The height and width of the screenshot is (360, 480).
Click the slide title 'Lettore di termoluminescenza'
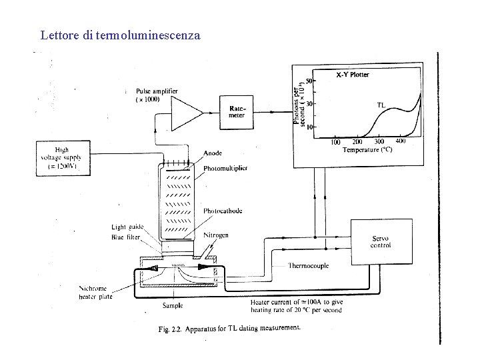tap(120, 35)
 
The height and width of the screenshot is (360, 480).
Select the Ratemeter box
tap(237, 111)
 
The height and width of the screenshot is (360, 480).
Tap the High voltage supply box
tap(63, 158)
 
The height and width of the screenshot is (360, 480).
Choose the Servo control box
tap(380, 241)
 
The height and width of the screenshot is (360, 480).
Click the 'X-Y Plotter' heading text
tap(351, 75)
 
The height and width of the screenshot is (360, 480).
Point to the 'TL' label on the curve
tap(381, 104)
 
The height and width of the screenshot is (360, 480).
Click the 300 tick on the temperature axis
tap(379, 142)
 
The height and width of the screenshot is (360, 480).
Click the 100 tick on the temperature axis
tap(335, 142)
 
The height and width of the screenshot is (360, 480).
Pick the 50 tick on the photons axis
tap(309, 81)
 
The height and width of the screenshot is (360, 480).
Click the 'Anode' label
tap(213, 153)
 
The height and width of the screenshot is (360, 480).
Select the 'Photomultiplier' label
tap(225, 169)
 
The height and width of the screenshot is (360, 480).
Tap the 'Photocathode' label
tap(223, 211)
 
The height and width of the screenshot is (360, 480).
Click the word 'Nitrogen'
tap(216, 235)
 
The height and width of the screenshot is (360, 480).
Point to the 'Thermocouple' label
tap(308, 265)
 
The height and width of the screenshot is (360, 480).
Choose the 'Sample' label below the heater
tap(173, 305)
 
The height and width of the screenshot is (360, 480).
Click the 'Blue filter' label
tap(127, 237)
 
